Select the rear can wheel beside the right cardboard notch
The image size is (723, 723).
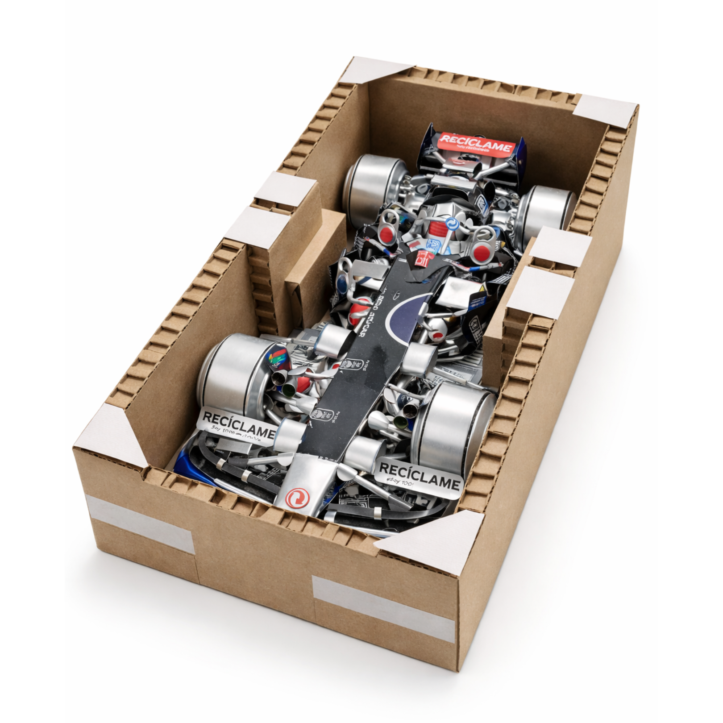coord(544,210)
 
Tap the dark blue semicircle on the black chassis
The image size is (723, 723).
coord(404,312)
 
